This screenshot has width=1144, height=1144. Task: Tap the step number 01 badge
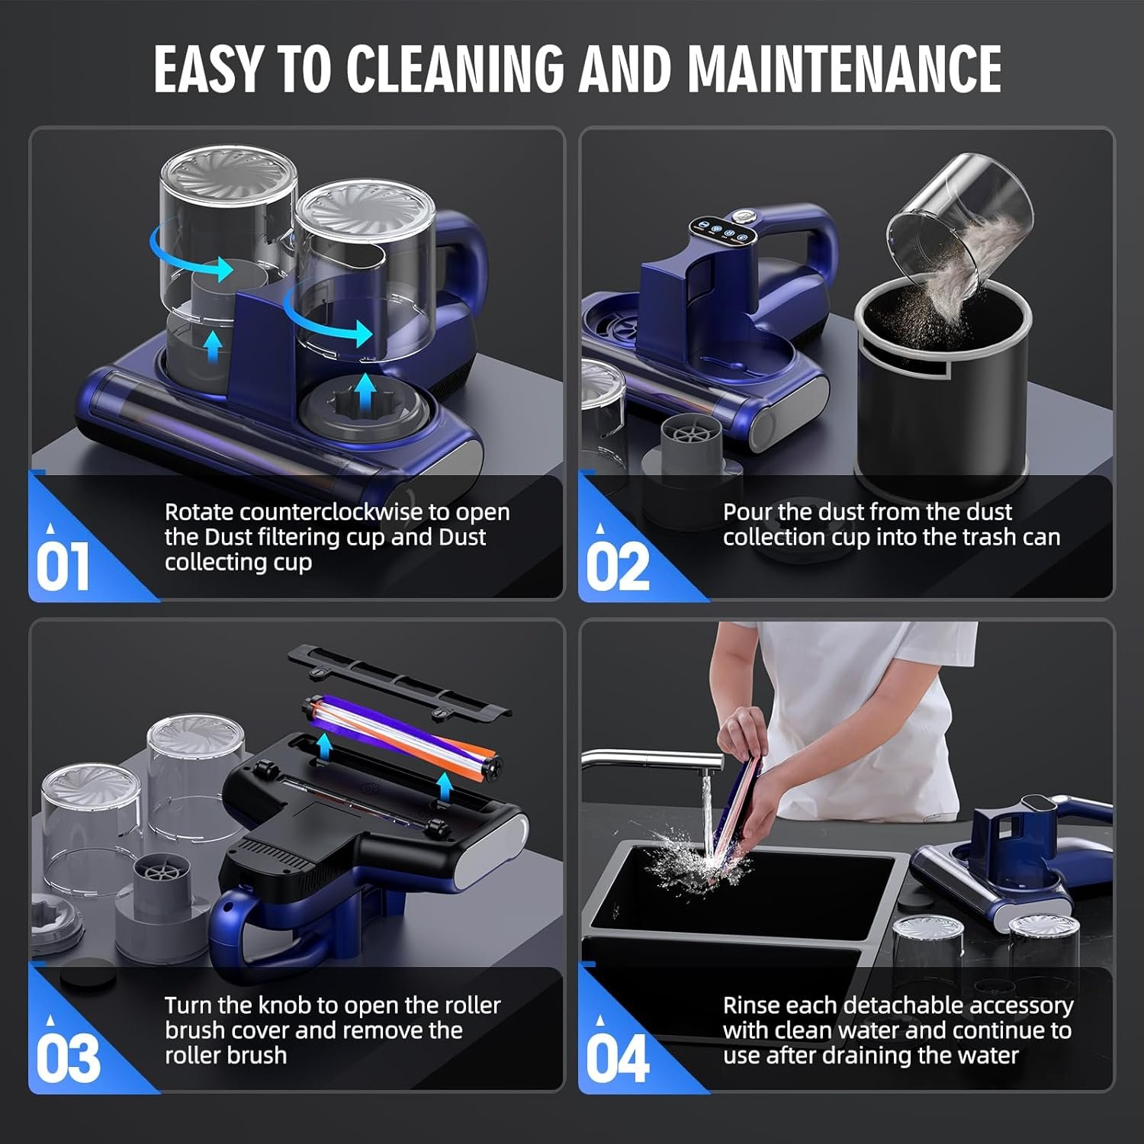tap(63, 566)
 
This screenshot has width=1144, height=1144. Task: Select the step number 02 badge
tap(618, 566)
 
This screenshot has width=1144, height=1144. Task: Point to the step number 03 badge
tap(68, 1059)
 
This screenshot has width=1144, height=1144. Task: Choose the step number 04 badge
tap(618, 1059)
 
